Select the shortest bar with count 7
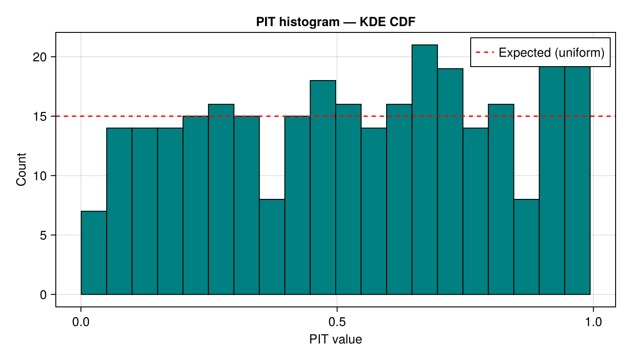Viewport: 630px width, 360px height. click(x=94, y=252)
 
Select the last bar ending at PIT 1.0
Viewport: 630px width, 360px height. click(x=577, y=180)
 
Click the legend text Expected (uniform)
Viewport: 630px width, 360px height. click(x=551, y=53)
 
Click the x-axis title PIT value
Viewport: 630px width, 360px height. click(x=335, y=339)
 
